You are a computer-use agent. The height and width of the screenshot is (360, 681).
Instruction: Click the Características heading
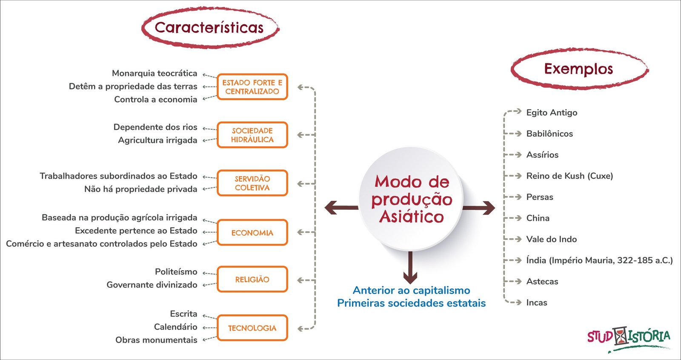coord(209,28)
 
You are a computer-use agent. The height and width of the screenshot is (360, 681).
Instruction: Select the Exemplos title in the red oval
coord(578,69)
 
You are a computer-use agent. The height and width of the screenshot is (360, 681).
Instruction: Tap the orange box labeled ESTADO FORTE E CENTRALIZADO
coord(252,87)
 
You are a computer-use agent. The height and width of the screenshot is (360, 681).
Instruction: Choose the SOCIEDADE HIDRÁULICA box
coord(252,135)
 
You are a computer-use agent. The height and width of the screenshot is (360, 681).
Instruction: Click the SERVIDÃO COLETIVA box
coord(252,183)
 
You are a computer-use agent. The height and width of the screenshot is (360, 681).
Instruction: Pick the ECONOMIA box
coord(252,233)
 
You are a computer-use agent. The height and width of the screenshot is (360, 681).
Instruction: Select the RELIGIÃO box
coord(252,279)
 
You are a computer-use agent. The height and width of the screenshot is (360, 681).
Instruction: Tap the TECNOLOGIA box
coord(252,328)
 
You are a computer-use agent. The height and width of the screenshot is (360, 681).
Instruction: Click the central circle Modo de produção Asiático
coord(411,199)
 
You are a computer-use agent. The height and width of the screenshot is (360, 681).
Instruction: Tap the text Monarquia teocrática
coord(155,73)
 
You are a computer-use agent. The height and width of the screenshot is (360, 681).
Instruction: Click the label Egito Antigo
coord(552,112)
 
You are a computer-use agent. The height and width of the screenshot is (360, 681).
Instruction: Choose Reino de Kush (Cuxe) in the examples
coord(569,176)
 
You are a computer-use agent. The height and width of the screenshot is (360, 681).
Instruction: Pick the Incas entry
coord(537,303)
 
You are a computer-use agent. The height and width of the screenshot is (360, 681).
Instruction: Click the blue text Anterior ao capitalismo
coord(411,290)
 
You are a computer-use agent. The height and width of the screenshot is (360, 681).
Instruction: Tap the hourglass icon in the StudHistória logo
coord(621,336)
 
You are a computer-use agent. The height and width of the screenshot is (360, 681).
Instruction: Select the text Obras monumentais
coord(156,340)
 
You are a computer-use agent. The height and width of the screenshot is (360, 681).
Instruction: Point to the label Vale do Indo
coord(551,239)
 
